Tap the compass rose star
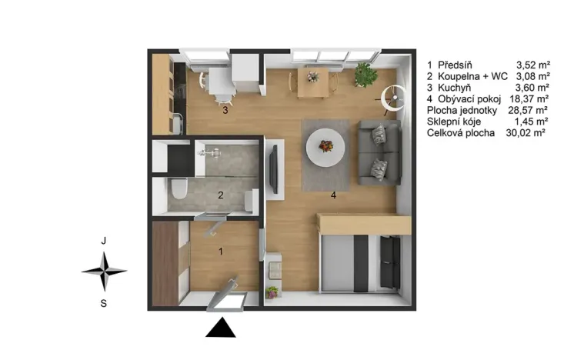104,271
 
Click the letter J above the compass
104,241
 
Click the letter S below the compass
104,303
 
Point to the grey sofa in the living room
379,152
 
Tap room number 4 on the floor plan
333,195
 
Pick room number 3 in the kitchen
225,111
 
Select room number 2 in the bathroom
220,195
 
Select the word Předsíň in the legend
456,65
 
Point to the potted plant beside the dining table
365,75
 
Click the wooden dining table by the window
313,82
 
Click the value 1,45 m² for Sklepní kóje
532,122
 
